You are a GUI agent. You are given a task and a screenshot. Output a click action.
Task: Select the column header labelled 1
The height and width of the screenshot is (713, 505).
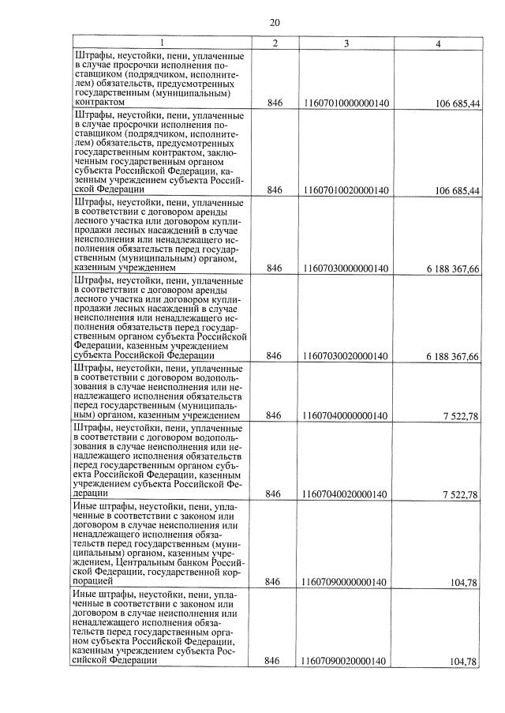pyautogui.click(x=163, y=43)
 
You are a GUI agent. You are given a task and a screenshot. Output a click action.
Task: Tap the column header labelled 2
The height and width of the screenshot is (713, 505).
pyautogui.click(x=274, y=43)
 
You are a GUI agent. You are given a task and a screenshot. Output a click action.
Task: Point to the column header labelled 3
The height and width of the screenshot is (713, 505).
pyautogui.click(x=346, y=43)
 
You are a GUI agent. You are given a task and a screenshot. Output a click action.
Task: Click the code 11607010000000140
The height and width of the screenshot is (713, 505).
pyautogui.click(x=346, y=103)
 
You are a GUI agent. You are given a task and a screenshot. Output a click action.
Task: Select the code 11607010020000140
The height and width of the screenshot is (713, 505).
pyautogui.click(x=346, y=190)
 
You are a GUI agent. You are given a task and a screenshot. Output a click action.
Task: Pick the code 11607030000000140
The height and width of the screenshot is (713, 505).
pyautogui.click(x=346, y=268)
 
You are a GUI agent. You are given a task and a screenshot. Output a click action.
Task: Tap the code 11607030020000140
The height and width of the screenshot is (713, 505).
pyautogui.click(x=346, y=356)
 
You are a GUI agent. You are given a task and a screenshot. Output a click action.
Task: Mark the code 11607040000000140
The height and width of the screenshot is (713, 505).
pyautogui.click(x=346, y=415)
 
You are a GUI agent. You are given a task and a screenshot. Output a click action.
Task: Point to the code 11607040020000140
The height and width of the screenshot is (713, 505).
pyautogui.click(x=346, y=494)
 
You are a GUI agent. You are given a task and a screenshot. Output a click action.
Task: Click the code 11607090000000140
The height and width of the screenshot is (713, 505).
pyautogui.click(x=346, y=582)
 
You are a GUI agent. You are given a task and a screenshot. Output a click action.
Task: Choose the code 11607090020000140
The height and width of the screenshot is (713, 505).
pyautogui.click(x=346, y=661)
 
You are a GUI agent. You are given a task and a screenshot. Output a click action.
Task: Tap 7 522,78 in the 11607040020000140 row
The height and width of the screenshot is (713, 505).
pyautogui.click(x=461, y=494)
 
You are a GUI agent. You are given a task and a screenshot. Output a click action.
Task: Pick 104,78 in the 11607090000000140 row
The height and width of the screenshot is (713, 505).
pyautogui.click(x=465, y=582)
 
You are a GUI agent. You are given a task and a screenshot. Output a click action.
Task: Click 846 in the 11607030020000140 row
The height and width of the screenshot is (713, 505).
pyautogui.click(x=274, y=356)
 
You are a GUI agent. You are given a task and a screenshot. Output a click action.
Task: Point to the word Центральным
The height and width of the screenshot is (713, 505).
pyautogui.click(x=141, y=564)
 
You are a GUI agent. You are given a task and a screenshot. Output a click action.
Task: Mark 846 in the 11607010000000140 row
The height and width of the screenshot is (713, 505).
pyautogui.click(x=274, y=103)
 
